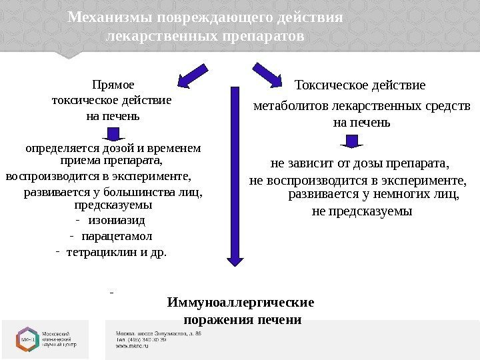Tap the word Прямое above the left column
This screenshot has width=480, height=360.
111,85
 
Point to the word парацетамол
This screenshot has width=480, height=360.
116,236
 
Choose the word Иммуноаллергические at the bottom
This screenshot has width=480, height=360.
241,303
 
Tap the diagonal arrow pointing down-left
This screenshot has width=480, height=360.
193,75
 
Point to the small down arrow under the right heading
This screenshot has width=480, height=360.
353,140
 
